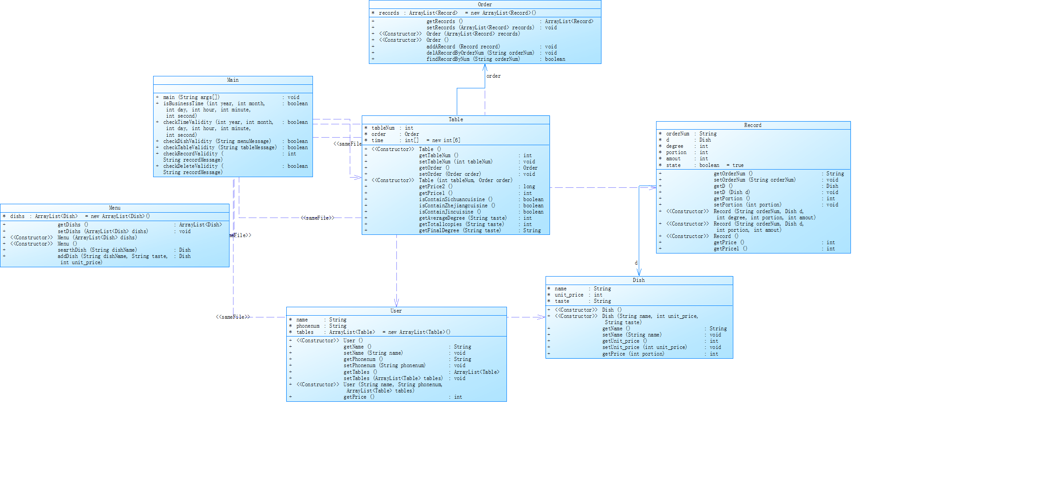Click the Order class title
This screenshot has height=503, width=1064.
click(485, 4)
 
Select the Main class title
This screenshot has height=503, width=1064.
click(233, 80)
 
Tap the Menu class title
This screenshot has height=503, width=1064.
click(115, 208)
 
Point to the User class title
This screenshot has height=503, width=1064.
click(396, 311)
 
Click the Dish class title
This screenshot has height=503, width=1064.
click(639, 280)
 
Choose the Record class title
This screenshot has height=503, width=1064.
click(753, 125)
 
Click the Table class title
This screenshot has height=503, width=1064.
click(455, 119)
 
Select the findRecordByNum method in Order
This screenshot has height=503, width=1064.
click(473, 59)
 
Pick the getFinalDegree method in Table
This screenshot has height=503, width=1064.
click(460, 230)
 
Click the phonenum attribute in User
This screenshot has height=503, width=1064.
click(308, 326)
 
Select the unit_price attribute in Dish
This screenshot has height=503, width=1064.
click(569, 295)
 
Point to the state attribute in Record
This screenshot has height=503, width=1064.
click(673, 165)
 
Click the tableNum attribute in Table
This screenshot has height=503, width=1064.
click(383, 128)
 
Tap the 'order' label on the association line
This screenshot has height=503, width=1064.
click(494, 76)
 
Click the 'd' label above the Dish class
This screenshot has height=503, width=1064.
click(636, 263)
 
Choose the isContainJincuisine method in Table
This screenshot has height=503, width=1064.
click(450, 212)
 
